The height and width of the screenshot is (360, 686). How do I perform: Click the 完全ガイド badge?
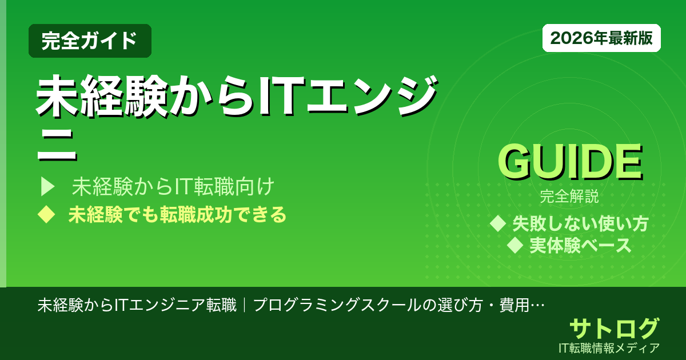tap(90, 41)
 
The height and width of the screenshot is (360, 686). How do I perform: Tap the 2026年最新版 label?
tap(601, 38)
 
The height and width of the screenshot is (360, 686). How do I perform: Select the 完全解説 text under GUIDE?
tap(569, 198)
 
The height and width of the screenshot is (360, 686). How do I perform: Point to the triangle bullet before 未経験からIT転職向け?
tap(47, 186)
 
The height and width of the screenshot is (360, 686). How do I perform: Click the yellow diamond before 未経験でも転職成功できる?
tap(46, 215)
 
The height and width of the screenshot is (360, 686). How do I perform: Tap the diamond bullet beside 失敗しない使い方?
tap(498, 223)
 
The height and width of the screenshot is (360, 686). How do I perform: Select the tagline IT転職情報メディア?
tap(610, 347)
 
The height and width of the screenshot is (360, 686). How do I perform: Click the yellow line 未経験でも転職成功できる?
tap(177, 215)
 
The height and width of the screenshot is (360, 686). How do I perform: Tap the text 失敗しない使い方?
tap(580, 223)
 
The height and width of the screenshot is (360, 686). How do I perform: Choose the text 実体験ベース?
tap(580, 246)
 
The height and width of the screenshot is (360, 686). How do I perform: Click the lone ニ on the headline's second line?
tap(56, 147)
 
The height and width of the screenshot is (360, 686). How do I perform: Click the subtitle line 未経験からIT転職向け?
tap(174, 186)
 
